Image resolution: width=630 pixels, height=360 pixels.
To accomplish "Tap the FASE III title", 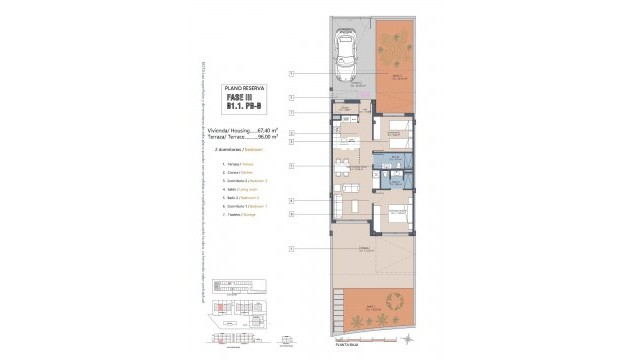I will point(239,98).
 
